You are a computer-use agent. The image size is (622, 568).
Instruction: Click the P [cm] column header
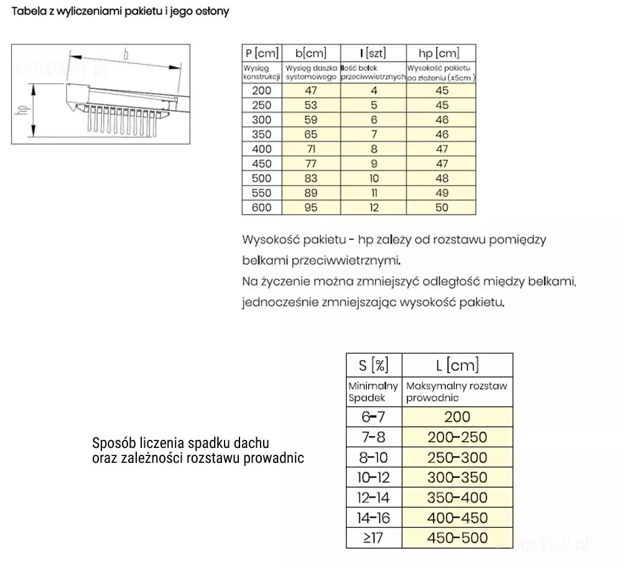coord(262,53)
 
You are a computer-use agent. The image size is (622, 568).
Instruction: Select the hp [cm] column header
coord(440,53)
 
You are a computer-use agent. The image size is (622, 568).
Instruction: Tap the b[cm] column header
coord(311,53)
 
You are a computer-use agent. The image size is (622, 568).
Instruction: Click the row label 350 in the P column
coord(262,134)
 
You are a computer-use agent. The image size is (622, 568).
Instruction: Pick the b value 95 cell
coord(311,208)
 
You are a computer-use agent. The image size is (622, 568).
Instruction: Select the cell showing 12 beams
coord(374,208)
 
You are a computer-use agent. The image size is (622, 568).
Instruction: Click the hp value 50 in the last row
coord(441,208)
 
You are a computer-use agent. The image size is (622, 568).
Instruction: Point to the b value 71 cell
coord(311,149)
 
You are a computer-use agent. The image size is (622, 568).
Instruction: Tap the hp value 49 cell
coord(441,193)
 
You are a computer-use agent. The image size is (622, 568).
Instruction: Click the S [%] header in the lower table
coord(374,365)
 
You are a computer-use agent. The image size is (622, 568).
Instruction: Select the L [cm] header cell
coord(457,365)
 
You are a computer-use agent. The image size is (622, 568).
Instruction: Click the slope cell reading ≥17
coord(374,538)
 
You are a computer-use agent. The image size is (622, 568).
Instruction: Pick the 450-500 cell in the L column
coord(457,538)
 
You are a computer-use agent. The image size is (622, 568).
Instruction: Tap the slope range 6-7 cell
coord(374,417)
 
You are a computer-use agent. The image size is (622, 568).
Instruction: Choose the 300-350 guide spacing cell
coord(457,478)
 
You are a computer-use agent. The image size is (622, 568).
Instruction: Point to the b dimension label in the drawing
coord(126,55)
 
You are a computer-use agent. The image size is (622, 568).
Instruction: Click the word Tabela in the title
coord(29,12)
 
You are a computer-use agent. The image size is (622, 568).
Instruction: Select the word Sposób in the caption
coord(113,444)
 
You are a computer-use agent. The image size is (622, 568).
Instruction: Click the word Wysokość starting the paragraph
coord(269,240)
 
